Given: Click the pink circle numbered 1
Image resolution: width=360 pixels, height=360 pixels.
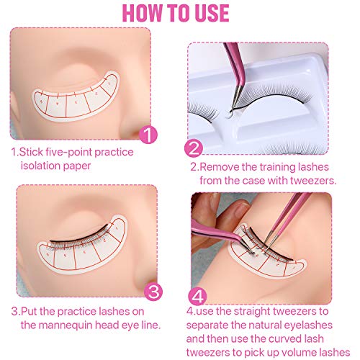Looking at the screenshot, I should click(148, 134).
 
